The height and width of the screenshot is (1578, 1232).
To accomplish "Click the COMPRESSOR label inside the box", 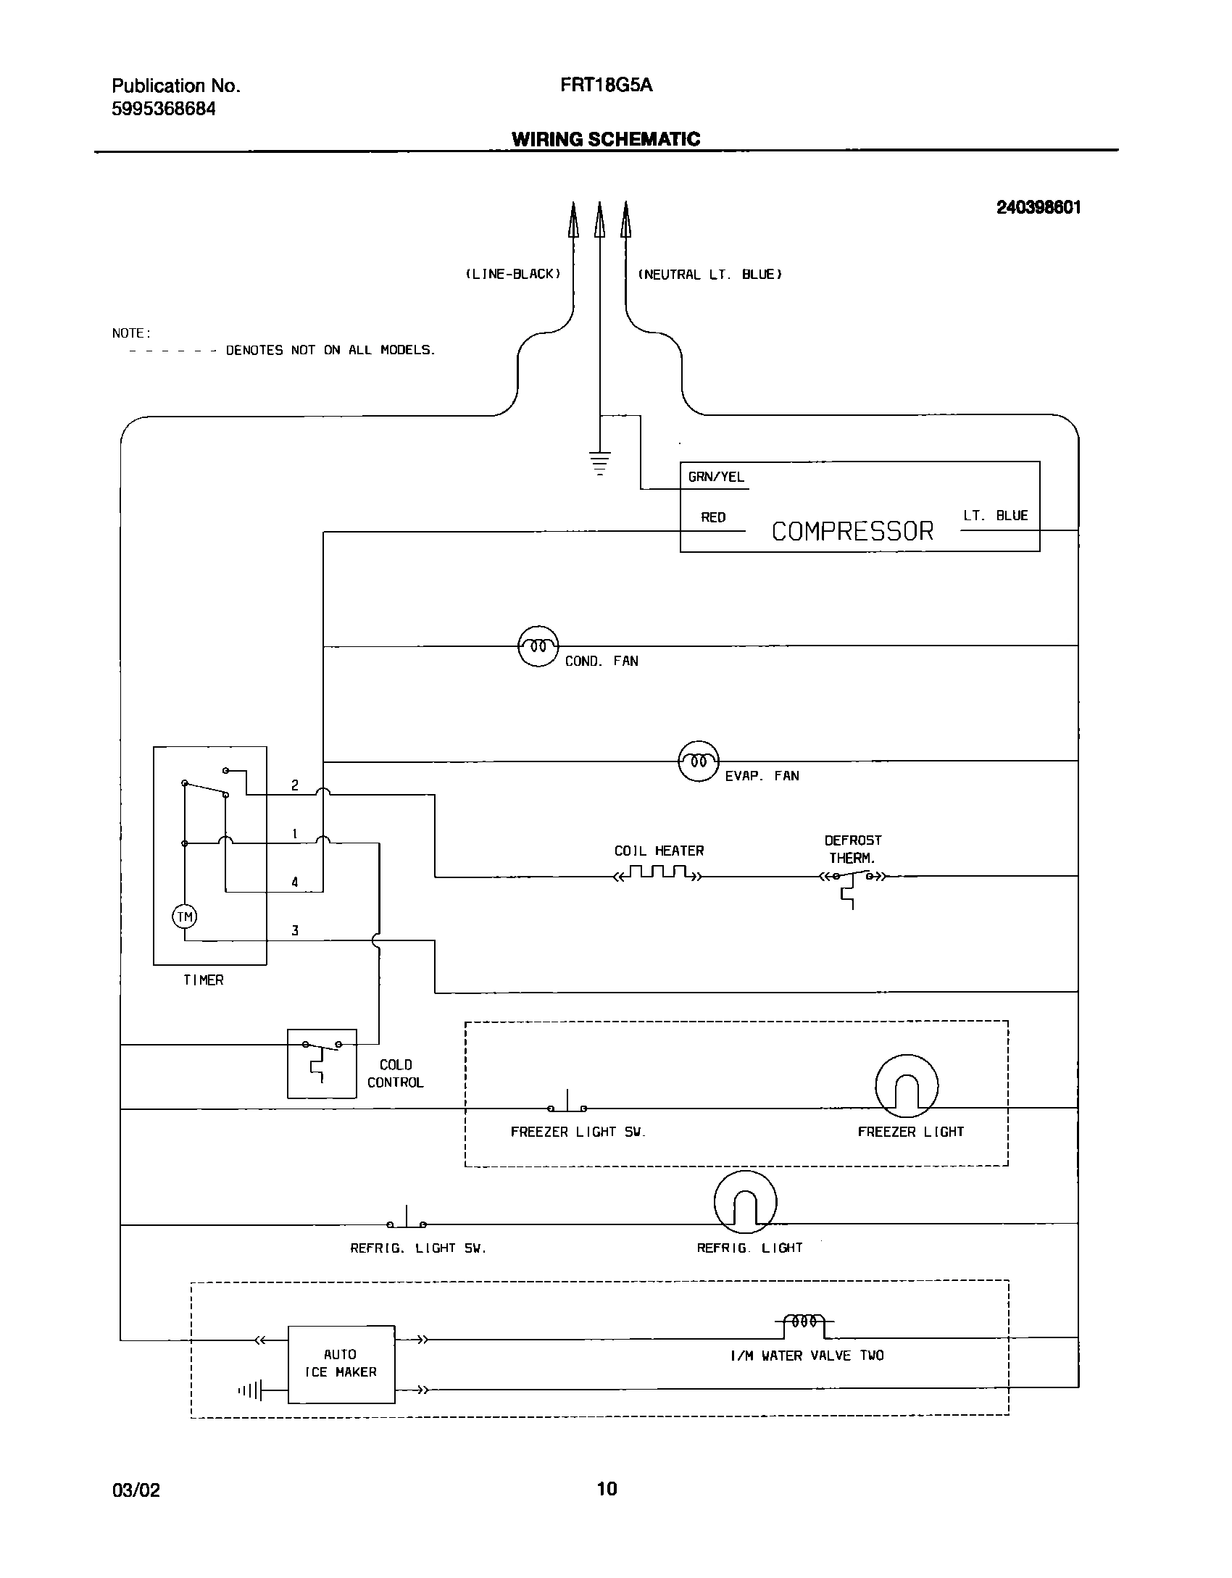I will [852, 531].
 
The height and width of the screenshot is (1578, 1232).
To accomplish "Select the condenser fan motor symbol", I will [538, 646].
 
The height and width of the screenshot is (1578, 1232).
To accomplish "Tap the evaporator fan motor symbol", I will [699, 761].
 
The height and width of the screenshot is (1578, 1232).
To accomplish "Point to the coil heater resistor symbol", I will [658, 873].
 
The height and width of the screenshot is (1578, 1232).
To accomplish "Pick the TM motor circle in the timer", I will [185, 917].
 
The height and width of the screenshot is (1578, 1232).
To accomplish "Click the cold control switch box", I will [322, 1063].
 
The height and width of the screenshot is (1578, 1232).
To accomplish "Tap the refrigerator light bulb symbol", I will [745, 1201].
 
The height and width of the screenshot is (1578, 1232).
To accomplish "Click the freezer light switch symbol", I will [567, 1105].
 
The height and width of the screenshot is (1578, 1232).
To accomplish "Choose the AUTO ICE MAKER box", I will [341, 1364].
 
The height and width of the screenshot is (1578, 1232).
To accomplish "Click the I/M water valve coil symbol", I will [804, 1322].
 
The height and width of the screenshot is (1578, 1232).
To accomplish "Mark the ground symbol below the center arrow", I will [599, 462].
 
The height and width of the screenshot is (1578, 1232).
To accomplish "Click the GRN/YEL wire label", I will [716, 477].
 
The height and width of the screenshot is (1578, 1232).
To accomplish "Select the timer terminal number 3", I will [295, 930].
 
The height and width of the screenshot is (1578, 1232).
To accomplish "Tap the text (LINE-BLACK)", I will [513, 274].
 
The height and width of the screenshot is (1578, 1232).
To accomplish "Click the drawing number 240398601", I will [1038, 208].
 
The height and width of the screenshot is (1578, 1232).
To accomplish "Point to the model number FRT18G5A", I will [606, 85].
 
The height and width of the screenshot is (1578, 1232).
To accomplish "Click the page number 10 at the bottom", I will [607, 1489].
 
